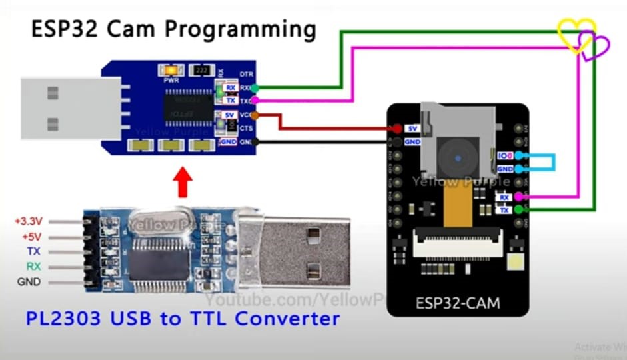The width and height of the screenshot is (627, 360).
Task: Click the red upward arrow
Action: pyautogui.click(x=182, y=183)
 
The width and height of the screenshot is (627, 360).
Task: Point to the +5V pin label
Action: pyautogui.click(x=31, y=236)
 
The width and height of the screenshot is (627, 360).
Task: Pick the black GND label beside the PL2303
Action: pyautogui.click(x=29, y=282)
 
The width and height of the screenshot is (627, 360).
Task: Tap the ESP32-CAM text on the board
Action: pyautogui.click(x=458, y=303)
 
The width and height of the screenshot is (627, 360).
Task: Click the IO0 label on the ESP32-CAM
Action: pyautogui.click(x=505, y=155)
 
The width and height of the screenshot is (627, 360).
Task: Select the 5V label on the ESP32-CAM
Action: pyautogui.click(x=412, y=128)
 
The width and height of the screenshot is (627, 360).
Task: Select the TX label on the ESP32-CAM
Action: pyautogui.click(x=504, y=210)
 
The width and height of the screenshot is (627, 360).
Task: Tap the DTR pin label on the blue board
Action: pyautogui.click(x=246, y=73)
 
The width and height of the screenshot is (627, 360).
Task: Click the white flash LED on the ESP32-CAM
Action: pyautogui.click(x=514, y=261)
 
